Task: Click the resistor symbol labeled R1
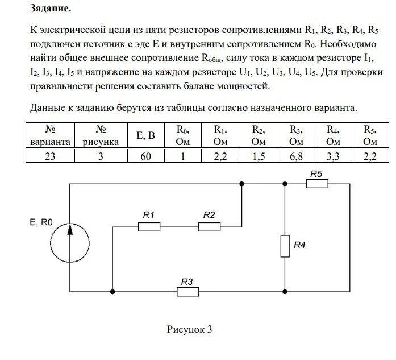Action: [149, 226]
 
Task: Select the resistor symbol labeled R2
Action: [209, 226]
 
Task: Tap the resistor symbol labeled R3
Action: [188, 292]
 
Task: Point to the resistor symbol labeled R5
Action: [317, 183]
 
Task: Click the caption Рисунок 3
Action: [189, 330]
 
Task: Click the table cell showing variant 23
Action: [51, 156]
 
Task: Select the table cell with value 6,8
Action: [295, 156]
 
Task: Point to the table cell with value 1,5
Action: [258, 156]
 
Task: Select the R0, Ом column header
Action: [183, 136]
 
